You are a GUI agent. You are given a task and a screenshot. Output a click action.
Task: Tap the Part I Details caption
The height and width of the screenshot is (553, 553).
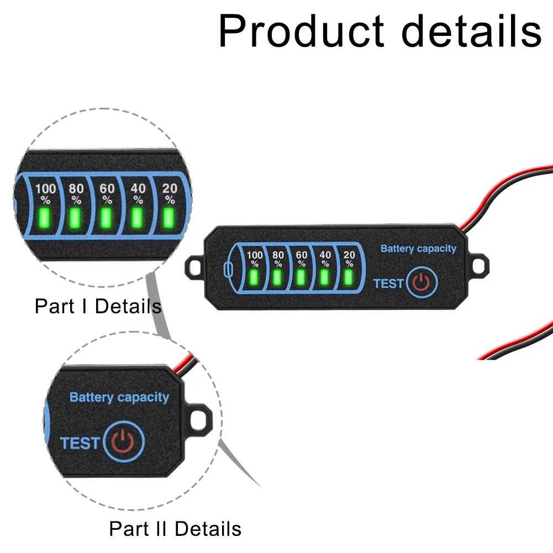coord(98,306)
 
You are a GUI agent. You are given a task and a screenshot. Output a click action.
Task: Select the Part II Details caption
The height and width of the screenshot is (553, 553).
coord(175,529)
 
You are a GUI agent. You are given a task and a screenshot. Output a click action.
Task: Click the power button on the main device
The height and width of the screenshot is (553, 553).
coord(422,282)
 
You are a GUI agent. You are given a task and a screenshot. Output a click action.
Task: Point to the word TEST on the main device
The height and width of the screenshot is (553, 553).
coord(389,283)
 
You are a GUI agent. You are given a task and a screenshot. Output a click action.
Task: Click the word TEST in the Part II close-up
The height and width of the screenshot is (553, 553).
coord(80,443)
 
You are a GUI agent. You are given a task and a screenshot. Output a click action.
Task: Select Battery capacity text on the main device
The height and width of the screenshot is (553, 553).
coord(418,249)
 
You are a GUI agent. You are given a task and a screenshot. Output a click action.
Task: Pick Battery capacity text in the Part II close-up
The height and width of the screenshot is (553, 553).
coord(119,397)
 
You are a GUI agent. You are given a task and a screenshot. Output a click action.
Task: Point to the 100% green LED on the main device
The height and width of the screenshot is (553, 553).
coord(254,276)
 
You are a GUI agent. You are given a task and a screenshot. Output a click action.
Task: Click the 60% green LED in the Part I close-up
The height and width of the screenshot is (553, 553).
coord(106,219)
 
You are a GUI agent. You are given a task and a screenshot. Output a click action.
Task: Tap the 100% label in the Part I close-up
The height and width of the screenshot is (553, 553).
coord(45,193)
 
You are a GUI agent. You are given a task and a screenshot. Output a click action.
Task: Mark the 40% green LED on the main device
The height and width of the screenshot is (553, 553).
coord(325,276)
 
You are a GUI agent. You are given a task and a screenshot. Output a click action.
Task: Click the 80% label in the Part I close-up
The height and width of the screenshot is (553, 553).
coord(76,193)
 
